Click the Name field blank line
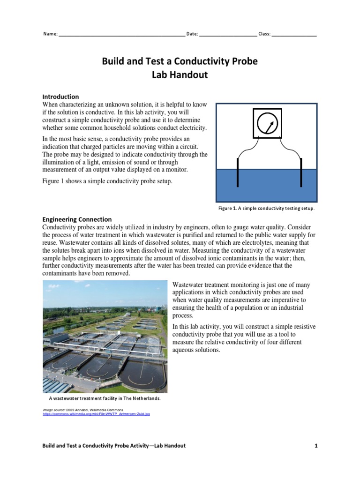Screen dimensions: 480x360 (x=121, y=35)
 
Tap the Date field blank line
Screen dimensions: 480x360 (x=228, y=35)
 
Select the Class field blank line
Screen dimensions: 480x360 (x=294, y=35)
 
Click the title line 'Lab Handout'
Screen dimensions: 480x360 (x=180, y=75)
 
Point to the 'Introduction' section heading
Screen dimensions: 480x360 (x=60, y=97)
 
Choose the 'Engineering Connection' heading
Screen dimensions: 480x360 (x=77, y=219)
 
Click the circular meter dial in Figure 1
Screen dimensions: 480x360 (x=266, y=123)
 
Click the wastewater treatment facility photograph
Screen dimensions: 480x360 (x=105, y=337)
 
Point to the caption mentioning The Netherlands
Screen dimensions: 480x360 (x=105, y=398)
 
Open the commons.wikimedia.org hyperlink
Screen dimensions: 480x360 (x=96, y=414)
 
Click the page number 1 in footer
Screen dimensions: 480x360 (x=316, y=446)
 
